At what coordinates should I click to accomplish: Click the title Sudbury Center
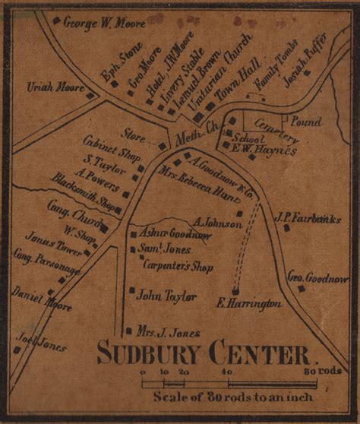(204, 353)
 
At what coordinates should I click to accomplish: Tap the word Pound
(306, 122)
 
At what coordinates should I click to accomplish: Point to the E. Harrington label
(249, 303)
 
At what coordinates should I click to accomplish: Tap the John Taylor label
(166, 296)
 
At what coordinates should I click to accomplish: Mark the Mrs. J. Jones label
(168, 332)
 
